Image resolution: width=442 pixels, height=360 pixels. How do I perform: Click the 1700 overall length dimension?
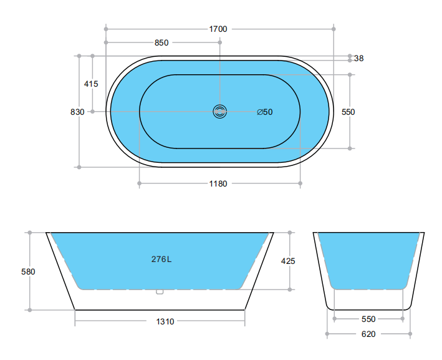tap(218, 29)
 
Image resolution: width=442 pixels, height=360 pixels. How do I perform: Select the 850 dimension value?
tap(161, 43)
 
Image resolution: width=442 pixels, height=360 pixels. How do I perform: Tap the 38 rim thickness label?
tap(358, 59)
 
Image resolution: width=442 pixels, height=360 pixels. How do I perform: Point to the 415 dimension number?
tap(91, 84)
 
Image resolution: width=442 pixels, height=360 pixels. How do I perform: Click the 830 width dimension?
tap(77, 112)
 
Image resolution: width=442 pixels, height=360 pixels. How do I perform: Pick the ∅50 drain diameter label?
tap(265, 112)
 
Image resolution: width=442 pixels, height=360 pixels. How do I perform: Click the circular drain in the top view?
tap(219, 112)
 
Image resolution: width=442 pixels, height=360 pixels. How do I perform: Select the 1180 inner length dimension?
tap(218, 184)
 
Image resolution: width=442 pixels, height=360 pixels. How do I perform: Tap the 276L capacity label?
tap(161, 260)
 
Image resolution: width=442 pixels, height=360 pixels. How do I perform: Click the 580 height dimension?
tap(28, 272)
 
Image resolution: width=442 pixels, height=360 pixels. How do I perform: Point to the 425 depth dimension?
tap(287, 261)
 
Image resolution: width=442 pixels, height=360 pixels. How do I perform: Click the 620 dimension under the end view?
tap(368, 334)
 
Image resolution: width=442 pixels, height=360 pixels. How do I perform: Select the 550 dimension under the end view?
tap(368, 319)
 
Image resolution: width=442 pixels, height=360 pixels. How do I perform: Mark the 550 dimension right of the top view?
tap(348, 112)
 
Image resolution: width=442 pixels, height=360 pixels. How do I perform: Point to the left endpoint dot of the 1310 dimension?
tap(75, 322)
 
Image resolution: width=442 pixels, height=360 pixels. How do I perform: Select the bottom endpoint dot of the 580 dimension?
tap(29, 309)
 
